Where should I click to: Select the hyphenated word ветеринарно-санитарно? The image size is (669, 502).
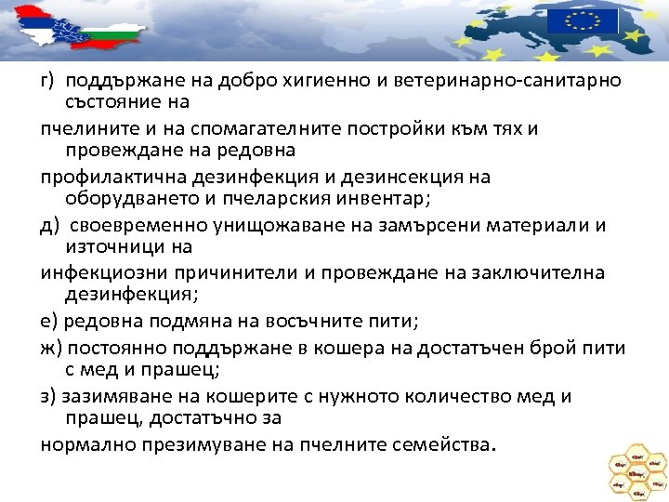(508, 80)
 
